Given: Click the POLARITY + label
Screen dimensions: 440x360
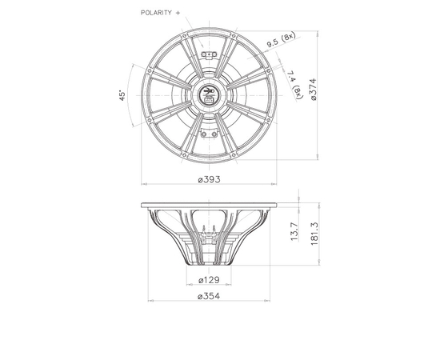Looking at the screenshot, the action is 160,13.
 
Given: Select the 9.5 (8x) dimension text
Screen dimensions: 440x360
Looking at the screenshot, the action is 281,39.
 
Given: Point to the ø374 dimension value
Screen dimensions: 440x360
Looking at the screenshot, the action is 313,90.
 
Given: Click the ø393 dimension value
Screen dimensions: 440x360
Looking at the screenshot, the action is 209,179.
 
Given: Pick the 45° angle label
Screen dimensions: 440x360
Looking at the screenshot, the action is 122,95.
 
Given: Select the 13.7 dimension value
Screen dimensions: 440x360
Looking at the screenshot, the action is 294,231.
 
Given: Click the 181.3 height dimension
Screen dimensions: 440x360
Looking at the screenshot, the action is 314,234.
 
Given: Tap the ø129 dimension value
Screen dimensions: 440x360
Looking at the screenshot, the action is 209,280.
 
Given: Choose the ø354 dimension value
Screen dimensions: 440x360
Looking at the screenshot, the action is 209,296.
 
